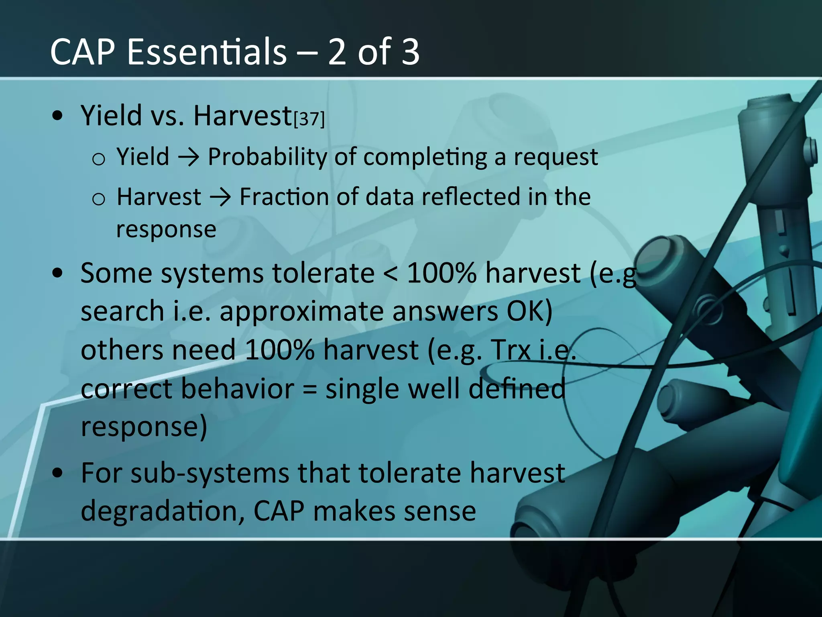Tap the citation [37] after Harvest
[309, 119]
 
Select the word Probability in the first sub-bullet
[267, 157]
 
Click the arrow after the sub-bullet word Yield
[188, 157]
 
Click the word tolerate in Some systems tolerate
[324, 273]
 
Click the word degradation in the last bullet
[163, 511]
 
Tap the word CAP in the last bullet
[279, 511]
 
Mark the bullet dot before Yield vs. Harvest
[58, 116]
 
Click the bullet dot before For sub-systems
[58, 473]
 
